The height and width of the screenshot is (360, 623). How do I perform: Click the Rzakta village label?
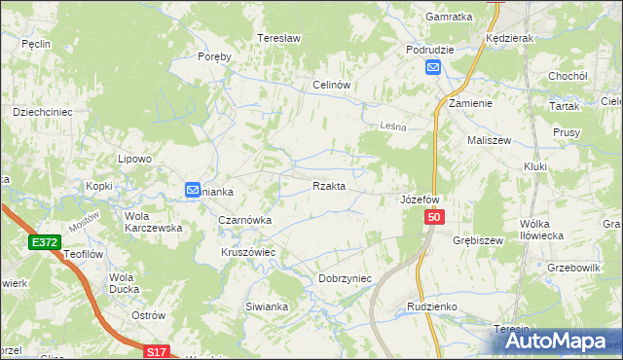[x=328, y=186]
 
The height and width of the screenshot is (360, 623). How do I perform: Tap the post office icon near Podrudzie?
[x=433, y=67]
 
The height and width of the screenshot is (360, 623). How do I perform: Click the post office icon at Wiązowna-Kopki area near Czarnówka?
[x=193, y=190]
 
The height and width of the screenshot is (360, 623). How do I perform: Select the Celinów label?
[x=331, y=85]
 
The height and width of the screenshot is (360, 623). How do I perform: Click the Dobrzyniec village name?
[x=346, y=278]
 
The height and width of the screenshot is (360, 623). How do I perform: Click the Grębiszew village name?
[x=477, y=239]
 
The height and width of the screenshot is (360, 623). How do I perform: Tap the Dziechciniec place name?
[x=43, y=112]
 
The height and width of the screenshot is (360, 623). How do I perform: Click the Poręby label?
[x=214, y=56]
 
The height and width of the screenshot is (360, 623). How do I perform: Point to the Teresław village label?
[x=275, y=38]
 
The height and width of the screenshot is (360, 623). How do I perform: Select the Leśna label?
[x=390, y=126]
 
